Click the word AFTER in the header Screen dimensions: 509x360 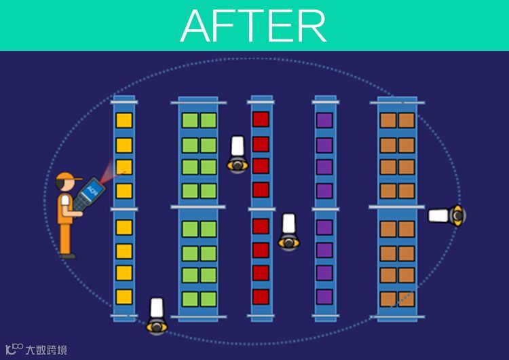coord(253,26)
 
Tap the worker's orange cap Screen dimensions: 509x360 coord(64,179)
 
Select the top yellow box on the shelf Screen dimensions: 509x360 coord(124,122)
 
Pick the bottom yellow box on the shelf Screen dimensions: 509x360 coord(124,297)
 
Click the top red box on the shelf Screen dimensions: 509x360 coord(261,120)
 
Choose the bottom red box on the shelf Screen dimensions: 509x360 coord(261,297)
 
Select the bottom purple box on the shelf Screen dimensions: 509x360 coord(324,297)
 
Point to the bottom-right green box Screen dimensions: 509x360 coord(208,298)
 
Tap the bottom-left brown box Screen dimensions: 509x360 coord(388,298)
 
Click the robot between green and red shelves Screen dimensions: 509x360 coord(237,154)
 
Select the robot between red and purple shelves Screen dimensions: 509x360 coord(288,232)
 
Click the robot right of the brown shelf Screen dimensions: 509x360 coord(447,216)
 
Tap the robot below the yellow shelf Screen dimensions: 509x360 coord(157,316)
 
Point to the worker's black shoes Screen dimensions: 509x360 coord(67,255)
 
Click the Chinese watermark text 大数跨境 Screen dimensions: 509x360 coord(45,350)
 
